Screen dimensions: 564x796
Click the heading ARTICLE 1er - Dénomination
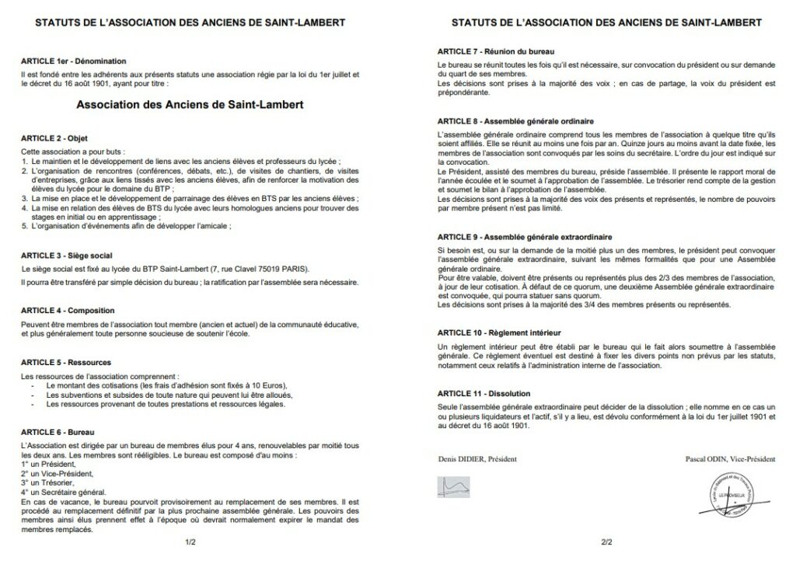74,61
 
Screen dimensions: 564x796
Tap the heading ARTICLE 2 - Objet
54,138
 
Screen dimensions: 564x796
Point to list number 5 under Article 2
24,226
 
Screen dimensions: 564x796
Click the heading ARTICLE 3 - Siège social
66,256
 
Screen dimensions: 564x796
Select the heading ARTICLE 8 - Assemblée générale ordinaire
515,122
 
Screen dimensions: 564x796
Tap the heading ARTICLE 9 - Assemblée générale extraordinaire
525,236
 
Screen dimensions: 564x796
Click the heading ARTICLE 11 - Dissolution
484,394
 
